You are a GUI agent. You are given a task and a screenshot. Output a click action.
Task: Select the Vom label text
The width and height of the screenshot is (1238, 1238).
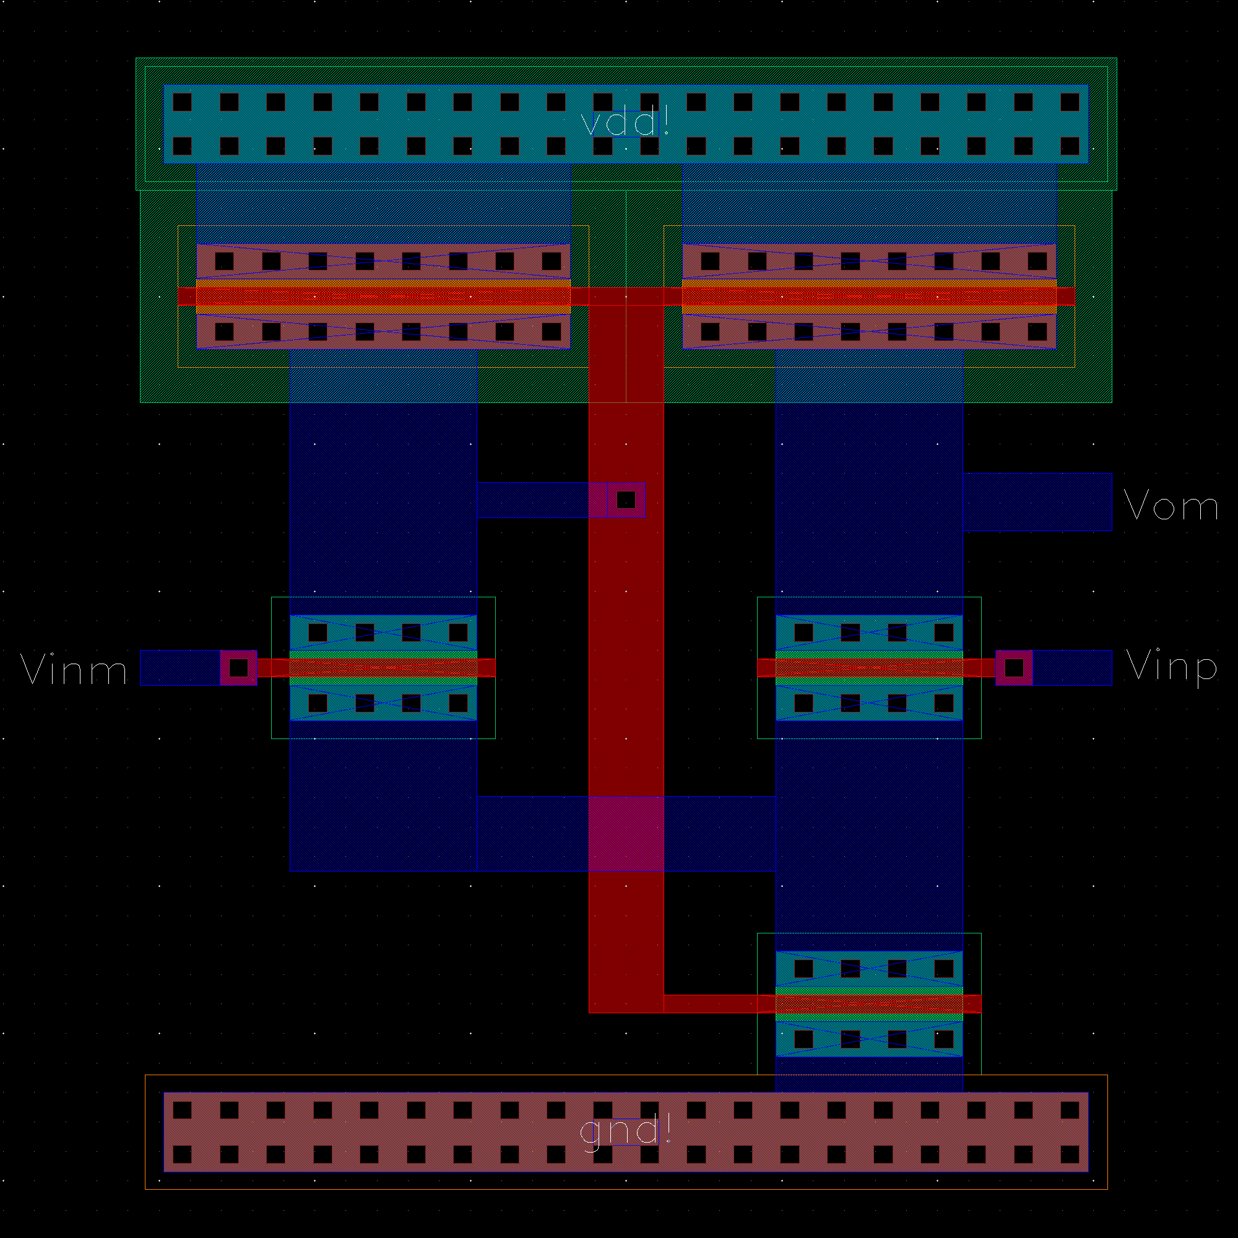[1171, 506]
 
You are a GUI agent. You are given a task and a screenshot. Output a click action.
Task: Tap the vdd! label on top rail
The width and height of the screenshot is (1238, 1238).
[625, 121]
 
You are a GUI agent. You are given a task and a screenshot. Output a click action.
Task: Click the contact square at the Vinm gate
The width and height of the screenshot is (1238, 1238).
[238, 668]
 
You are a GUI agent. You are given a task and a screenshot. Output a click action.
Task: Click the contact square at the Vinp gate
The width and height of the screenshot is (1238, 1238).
[1014, 668]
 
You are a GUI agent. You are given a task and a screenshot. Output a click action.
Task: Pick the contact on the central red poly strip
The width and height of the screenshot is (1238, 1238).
[625, 499]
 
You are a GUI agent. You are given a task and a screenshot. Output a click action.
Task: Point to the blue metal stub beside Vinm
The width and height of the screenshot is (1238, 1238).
[180, 668]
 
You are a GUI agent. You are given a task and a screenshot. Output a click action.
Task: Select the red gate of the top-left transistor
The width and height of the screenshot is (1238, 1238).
[383, 296]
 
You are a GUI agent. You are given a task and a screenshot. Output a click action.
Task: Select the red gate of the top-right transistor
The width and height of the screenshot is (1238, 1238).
[869, 296]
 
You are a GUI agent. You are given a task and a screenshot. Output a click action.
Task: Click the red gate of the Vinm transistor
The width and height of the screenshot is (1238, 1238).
[383, 668]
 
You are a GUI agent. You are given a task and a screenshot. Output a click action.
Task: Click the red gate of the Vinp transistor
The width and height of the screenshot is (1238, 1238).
[869, 668]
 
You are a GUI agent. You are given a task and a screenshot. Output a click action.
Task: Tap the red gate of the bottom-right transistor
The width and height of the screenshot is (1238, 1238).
[869, 1003]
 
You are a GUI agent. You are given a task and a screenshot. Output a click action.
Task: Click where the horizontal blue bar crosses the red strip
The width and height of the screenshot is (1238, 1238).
[626, 833]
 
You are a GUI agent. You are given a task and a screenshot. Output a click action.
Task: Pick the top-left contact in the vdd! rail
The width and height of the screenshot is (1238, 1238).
[182, 102]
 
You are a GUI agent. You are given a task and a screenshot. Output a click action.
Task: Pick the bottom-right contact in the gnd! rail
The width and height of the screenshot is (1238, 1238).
[1070, 1154]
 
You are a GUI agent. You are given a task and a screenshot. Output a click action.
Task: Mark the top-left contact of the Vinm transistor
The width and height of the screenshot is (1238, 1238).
[318, 633]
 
